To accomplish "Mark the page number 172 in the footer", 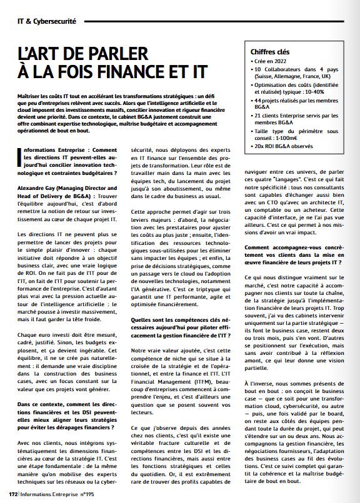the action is [x=12, y=493].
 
